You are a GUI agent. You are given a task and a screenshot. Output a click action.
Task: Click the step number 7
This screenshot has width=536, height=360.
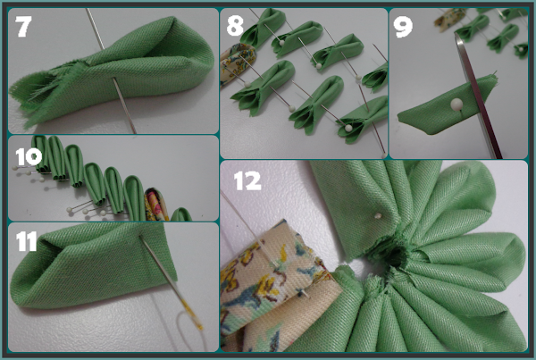coord(23,26)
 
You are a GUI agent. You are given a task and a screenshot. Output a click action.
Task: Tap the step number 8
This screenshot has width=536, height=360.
coord(235,26)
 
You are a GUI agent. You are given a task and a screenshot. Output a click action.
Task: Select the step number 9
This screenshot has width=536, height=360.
coord(403,27)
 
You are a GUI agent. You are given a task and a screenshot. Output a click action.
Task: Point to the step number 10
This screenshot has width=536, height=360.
coord(29,157)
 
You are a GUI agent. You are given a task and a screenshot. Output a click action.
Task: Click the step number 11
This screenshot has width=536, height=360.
coord(26,242)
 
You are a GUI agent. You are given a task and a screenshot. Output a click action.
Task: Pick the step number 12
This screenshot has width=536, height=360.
coord(247,180)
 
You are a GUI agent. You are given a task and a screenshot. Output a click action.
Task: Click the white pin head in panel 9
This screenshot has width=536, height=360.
coord(456,104)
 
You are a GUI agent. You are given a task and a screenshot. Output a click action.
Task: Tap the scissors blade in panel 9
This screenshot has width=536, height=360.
coord(478,96)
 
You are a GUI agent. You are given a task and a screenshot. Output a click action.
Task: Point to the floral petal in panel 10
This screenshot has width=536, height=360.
coord(156,205)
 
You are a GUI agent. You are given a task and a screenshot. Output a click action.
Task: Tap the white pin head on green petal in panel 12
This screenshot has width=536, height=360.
coord(378,216)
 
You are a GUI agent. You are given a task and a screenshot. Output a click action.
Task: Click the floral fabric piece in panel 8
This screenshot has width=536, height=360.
coord(237,64)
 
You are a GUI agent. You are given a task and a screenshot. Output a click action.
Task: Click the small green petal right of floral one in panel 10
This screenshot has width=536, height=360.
coord(181,214)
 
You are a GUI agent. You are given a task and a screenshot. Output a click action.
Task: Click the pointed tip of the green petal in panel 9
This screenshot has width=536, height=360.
coord(399,118)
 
